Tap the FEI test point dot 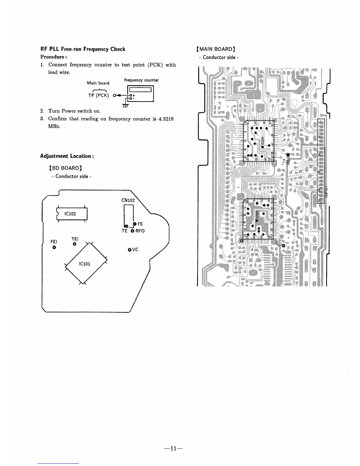[54, 247]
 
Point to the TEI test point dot [75, 244]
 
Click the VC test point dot [130, 250]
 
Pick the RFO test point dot [132, 231]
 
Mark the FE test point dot [135, 224]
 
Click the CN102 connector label [128, 200]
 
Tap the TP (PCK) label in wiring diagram [99, 95]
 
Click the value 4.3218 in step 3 [165, 119]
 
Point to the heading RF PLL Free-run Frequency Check [83, 49]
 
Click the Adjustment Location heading [67, 156]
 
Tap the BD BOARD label [65, 168]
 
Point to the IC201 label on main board [263, 140]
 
